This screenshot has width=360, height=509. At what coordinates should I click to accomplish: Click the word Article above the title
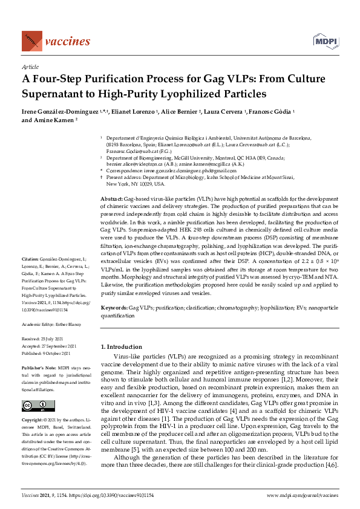coord(30,67)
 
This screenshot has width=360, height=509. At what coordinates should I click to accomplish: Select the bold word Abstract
coord(110,182)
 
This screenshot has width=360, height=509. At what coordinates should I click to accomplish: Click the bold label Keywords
coord(113,308)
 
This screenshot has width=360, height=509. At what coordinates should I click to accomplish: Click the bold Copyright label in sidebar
coord(33,420)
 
